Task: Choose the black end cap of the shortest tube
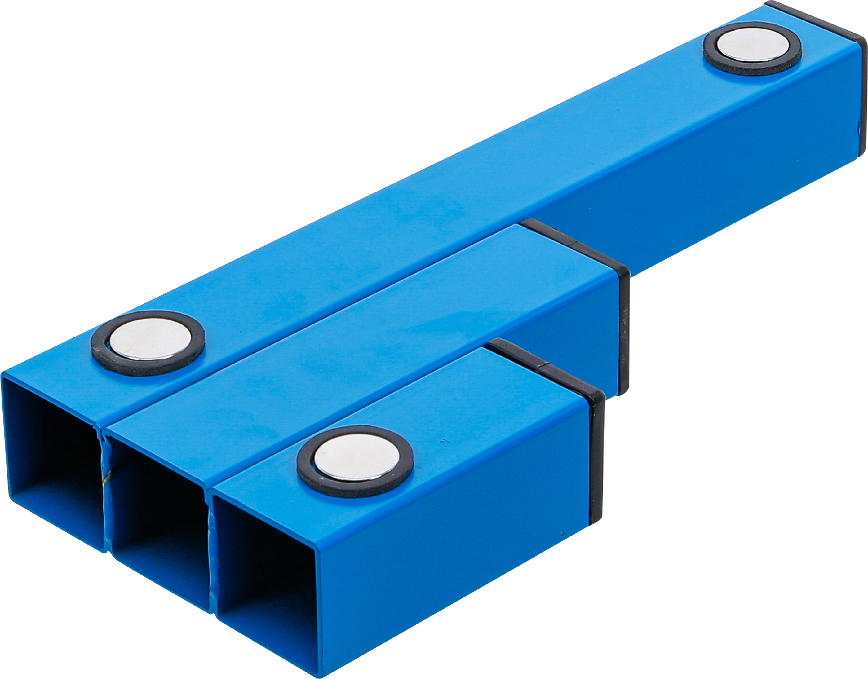[x=596, y=457]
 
